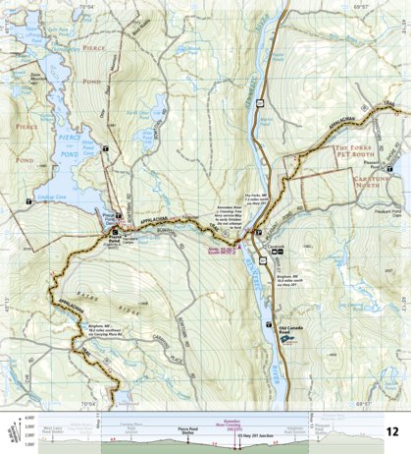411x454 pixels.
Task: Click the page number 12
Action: coord(392,431)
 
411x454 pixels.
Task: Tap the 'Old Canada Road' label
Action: coord(293,327)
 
